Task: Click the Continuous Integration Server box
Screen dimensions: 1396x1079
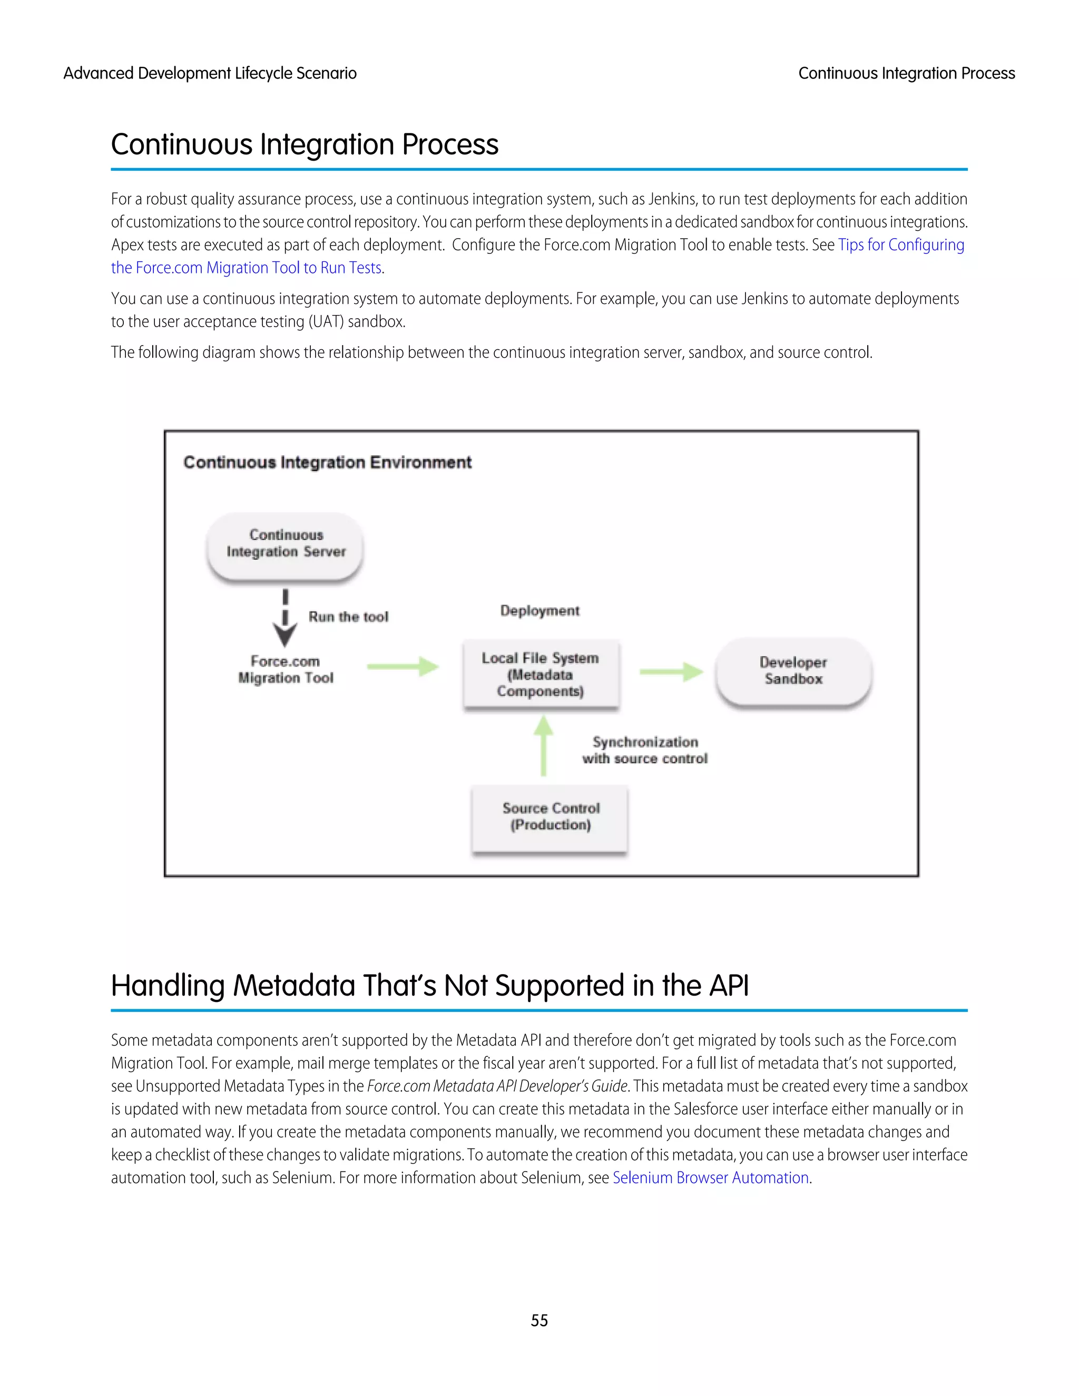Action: (x=285, y=545)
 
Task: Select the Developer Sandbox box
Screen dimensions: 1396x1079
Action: (x=793, y=671)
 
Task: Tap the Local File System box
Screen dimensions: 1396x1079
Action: (x=541, y=674)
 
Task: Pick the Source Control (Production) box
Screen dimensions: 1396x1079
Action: (x=551, y=818)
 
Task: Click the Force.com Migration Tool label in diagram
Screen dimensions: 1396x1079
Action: (x=286, y=669)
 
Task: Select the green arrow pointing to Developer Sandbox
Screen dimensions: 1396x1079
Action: (x=671, y=671)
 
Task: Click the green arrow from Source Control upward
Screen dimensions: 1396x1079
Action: (x=543, y=746)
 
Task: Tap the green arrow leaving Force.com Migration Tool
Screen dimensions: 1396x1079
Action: (x=403, y=667)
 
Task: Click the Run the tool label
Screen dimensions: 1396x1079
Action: (x=348, y=617)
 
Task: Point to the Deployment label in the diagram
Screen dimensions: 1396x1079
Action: (x=539, y=611)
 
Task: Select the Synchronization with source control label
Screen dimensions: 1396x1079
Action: (x=645, y=750)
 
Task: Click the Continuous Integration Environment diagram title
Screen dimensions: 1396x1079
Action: (x=327, y=462)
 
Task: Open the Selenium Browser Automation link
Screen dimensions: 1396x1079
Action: (x=711, y=1177)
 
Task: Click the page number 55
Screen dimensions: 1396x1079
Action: (x=539, y=1320)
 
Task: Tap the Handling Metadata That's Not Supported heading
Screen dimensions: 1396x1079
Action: (x=429, y=985)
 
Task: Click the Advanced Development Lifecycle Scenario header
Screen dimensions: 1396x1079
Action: (x=210, y=74)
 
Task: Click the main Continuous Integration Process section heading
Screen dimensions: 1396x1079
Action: (x=305, y=144)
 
